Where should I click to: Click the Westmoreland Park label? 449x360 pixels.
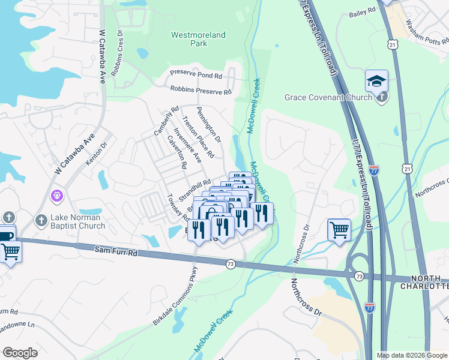tap(198, 39)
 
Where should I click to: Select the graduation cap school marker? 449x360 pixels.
tap(376, 80)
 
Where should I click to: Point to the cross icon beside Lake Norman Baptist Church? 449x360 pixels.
tap(41, 220)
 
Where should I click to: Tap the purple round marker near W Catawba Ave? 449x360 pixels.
tap(58, 196)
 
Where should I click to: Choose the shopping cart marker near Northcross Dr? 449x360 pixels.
tap(339, 230)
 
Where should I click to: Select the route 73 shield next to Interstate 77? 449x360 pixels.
tap(358, 275)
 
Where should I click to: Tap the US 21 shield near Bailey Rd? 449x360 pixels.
tap(392, 45)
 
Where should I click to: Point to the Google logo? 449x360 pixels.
tap(20, 353)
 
